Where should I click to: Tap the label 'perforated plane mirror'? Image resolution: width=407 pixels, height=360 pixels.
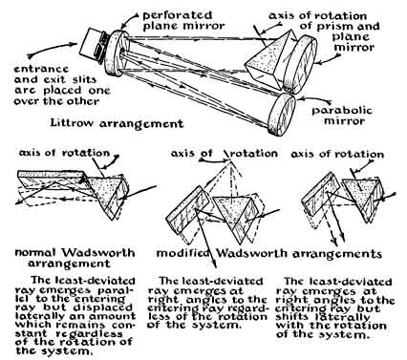[183, 20]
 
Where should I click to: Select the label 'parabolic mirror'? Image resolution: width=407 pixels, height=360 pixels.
[342, 116]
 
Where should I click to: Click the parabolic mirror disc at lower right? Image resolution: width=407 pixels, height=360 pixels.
[282, 114]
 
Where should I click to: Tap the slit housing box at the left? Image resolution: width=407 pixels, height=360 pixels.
[93, 45]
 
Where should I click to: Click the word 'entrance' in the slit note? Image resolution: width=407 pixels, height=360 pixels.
[41, 69]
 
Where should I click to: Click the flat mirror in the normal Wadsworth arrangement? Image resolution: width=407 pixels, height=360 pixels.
[51, 180]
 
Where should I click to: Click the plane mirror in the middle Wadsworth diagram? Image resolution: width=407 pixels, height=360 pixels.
[188, 210]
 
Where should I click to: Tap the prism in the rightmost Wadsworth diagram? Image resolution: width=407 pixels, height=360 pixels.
[363, 197]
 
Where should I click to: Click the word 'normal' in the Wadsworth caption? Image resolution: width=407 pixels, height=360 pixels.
[36, 253]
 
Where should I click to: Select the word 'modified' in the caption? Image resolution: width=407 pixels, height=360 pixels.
[183, 253]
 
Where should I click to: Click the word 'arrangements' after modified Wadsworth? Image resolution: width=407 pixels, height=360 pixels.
[337, 254]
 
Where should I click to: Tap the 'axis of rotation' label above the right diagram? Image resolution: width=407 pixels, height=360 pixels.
[337, 155]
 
